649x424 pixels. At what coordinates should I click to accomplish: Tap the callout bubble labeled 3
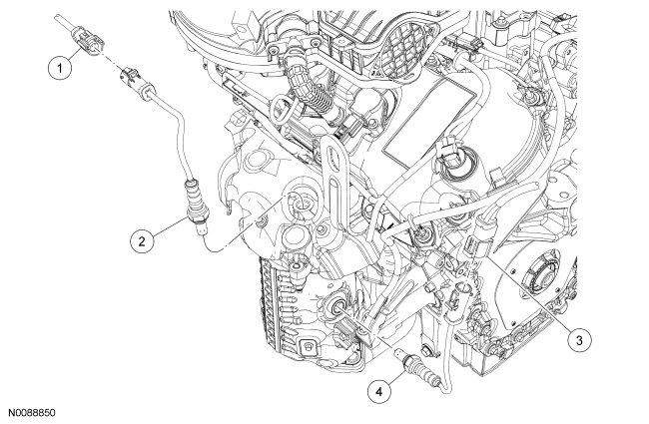click(x=572, y=339)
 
